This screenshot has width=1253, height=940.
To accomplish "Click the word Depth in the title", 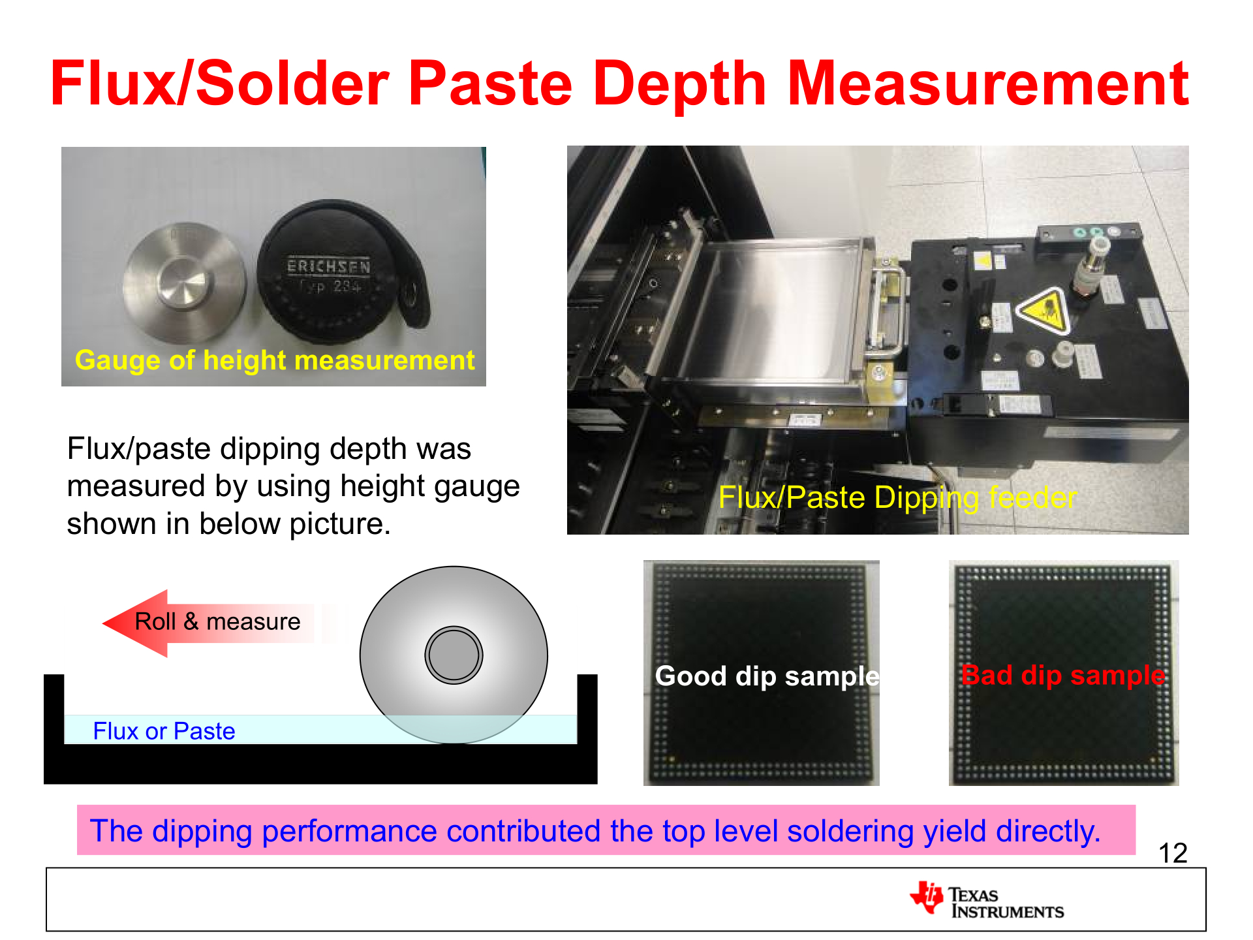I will tap(679, 85).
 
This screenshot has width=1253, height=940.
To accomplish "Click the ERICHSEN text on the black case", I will tap(328, 267).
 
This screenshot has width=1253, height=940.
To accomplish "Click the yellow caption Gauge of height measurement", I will tap(275, 360).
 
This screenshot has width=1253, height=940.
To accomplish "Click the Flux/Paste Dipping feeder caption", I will tap(897, 498).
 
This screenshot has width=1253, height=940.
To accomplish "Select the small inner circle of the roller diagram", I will tap(454, 655).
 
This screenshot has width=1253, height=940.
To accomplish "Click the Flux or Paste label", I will tap(164, 731).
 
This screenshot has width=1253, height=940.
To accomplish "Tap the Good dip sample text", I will tap(767, 676).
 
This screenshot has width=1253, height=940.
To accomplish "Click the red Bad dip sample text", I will tap(1063, 675).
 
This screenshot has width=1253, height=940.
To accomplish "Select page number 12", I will tap(1172, 853).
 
